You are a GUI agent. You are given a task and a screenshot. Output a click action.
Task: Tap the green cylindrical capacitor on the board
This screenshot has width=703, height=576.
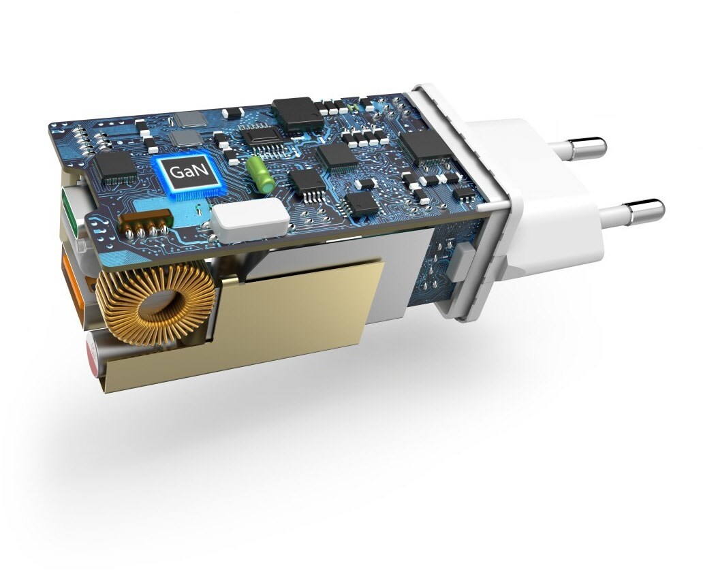coord(260,174)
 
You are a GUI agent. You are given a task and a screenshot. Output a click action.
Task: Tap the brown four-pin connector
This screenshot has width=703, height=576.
coord(146,223)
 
